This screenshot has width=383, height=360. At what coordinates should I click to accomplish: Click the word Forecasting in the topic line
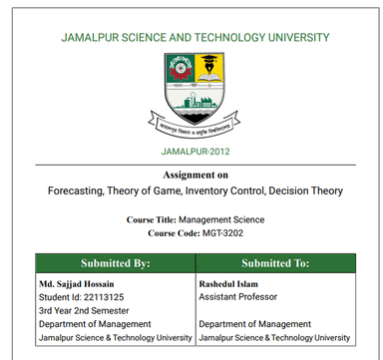(x=77, y=189)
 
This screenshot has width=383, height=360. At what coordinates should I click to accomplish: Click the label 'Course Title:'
(x=151, y=218)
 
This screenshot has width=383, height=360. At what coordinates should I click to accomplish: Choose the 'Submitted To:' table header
(x=275, y=263)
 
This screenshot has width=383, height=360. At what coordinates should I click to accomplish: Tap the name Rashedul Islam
(x=231, y=283)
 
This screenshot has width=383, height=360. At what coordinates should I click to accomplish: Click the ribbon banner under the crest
(x=193, y=125)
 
